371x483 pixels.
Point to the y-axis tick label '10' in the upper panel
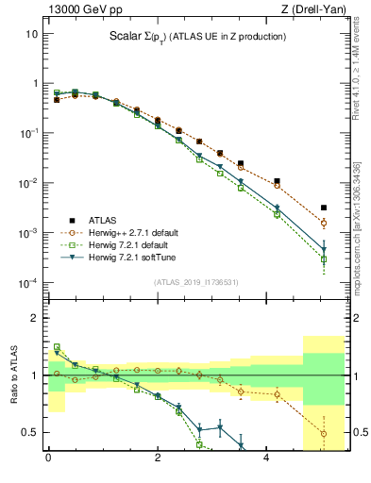tap(31, 34)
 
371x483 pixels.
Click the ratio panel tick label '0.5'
tap(29, 432)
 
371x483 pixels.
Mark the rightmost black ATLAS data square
tap(324, 208)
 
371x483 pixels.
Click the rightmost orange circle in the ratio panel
tap(324, 434)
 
